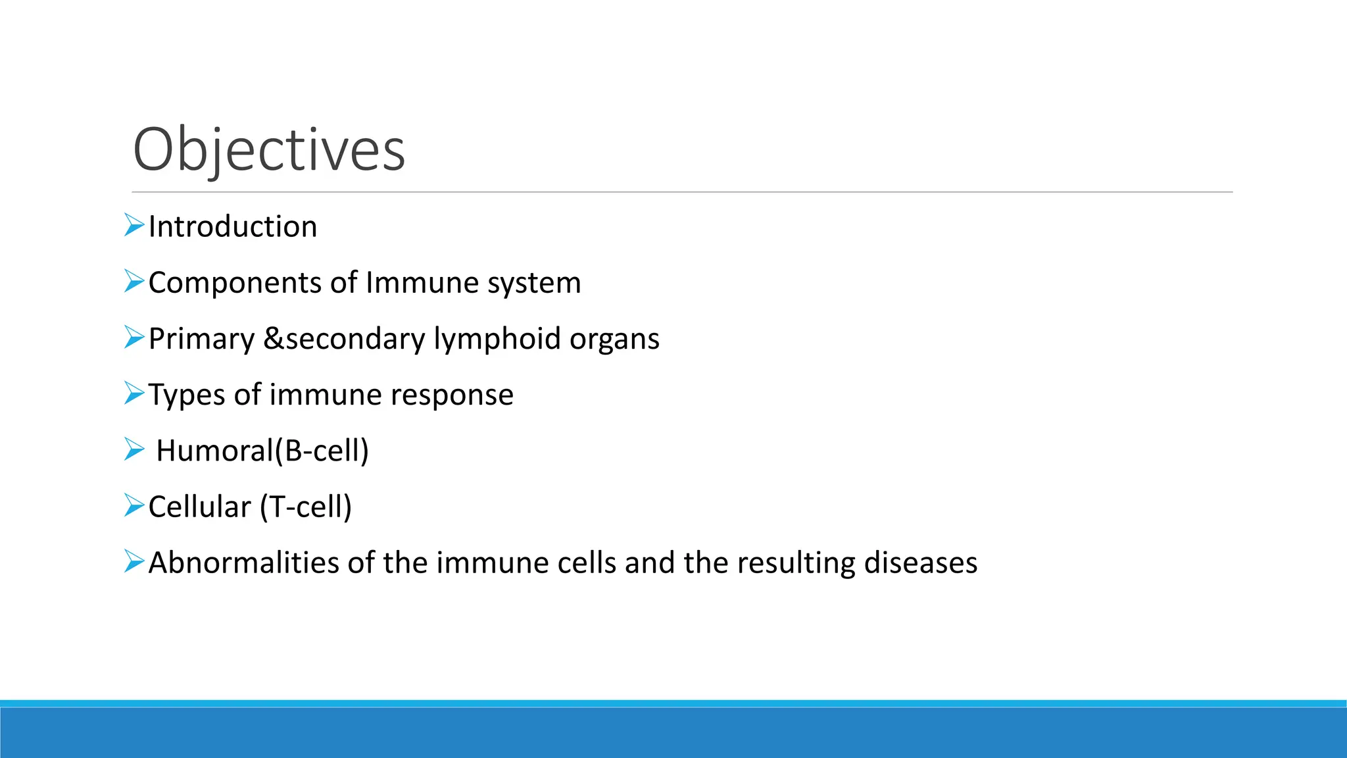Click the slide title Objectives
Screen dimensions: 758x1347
269,150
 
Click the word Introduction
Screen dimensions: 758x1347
233,227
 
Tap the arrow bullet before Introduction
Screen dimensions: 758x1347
134,226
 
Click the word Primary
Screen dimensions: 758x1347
201,340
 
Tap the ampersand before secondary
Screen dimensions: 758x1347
273,339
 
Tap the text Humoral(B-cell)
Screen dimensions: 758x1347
262,451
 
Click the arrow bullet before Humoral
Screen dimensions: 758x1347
134,450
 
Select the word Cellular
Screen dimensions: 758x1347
199,507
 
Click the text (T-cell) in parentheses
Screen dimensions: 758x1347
306,507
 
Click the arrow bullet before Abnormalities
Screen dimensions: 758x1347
134,561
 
